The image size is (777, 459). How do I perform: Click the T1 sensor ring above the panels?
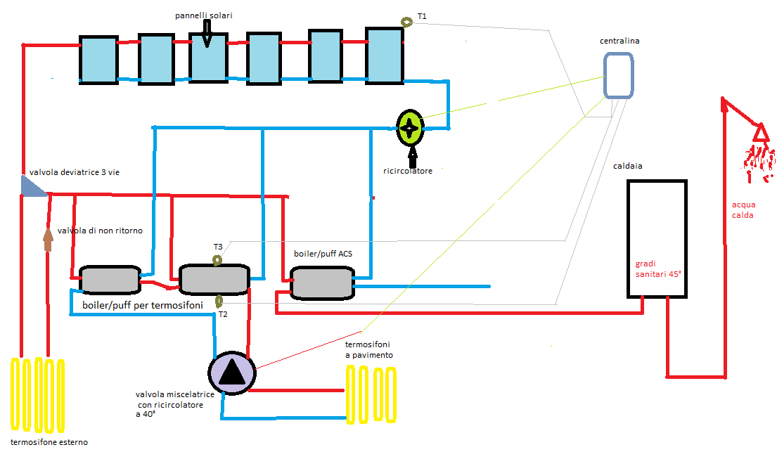tap(406, 22)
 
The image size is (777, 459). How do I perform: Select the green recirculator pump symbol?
tap(409, 127)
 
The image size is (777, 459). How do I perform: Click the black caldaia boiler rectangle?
tap(656, 238)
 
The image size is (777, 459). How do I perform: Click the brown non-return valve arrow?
tap(48, 238)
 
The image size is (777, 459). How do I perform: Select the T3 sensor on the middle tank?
tap(217, 261)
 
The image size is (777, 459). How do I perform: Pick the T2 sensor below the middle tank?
tap(219, 302)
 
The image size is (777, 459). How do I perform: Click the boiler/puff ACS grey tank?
tap(321, 284)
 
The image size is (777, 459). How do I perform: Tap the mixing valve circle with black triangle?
tap(231, 371)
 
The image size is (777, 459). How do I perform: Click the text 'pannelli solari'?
tap(203, 15)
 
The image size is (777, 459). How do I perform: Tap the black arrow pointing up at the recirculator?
tap(412, 155)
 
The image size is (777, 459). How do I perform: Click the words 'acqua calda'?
tap(743, 209)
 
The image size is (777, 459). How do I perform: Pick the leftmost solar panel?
tap(98, 61)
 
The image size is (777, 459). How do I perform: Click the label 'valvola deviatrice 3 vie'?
tap(75, 172)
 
